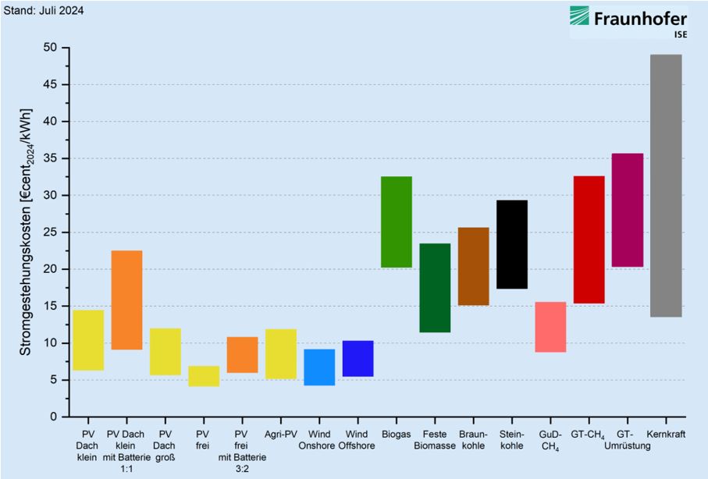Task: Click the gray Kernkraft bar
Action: pos(666,186)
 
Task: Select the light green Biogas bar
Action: pos(396,222)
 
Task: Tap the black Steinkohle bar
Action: pos(511,244)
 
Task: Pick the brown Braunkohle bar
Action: pos(473,266)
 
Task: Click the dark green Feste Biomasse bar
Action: pos(435,288)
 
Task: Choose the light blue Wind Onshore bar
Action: pos(319,367)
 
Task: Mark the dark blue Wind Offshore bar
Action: pos(358,358)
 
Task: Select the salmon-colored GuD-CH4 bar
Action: pos(550,327)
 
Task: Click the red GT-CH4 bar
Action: pos(589,239)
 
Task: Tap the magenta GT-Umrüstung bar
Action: pos(627,210)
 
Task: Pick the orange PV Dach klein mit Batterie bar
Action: pos(126,300)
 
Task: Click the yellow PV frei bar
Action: pos(204,376)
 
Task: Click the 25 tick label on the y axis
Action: pos(50,232)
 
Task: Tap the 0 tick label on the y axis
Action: pos(54,417)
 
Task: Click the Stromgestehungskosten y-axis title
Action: pos(26,232)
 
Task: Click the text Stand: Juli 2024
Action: pos(44,10)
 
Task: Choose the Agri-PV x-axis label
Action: pos(281,435)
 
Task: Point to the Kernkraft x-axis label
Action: pos(666,435)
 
